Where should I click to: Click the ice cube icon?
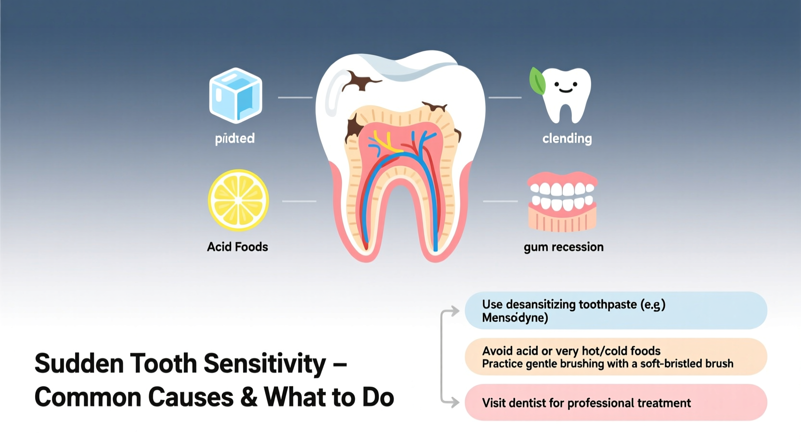pos(235,95)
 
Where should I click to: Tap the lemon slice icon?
pos(238,200)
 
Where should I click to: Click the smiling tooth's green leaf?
pos(537,80)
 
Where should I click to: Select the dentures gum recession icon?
pos(562,202)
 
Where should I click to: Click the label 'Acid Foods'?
pos(237,247)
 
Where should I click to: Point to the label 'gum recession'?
pos(563,247)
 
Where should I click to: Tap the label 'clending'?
pos(567,139)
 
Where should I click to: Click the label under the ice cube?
pos(234,139)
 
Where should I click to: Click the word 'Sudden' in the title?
pos(79,363)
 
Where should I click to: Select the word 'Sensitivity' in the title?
pos(264,363)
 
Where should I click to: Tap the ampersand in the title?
pos(248,397)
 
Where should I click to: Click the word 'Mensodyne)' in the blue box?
pos(515,318)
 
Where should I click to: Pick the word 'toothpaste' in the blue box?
pos(607,304)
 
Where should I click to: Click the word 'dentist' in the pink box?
pos(528,403)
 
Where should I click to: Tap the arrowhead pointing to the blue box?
pos(455,311)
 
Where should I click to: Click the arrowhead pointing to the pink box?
pos(455,402)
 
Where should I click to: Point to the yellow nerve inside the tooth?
pos(386,143)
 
